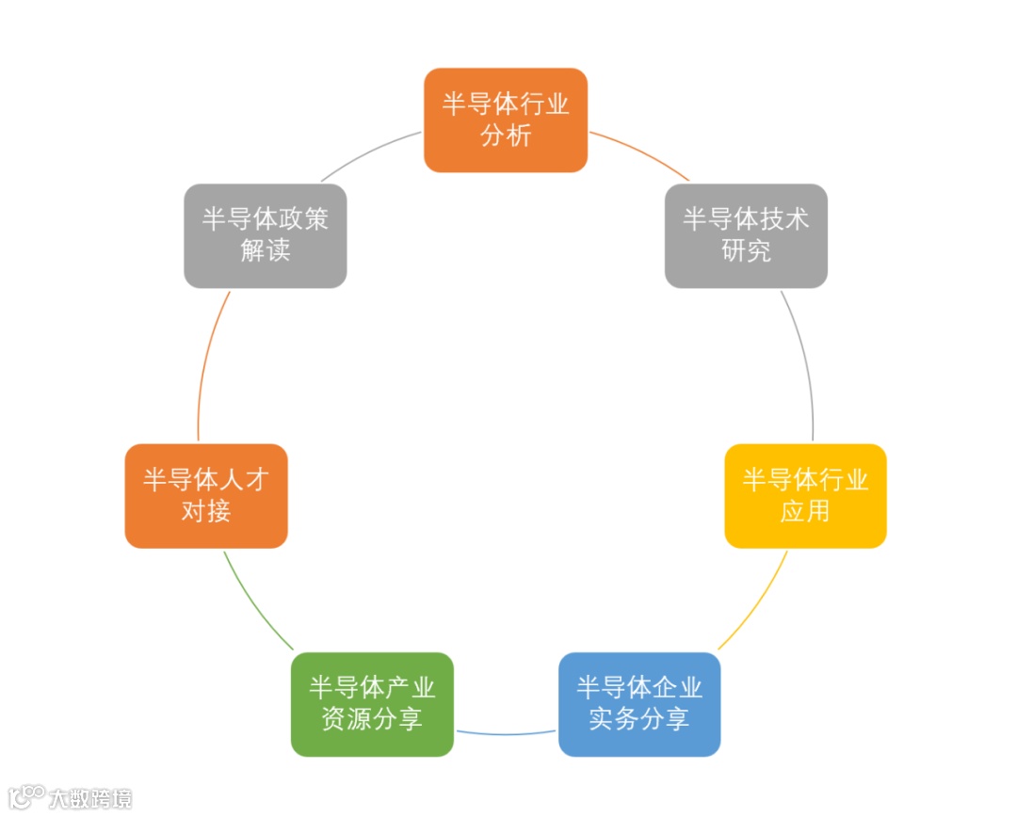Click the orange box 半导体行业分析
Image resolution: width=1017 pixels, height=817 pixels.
pos(506,120)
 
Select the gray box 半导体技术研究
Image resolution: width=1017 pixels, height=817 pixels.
pos(746,235)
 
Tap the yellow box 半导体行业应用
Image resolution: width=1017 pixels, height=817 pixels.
pos(805,495)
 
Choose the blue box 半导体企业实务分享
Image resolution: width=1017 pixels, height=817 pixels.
pos(639,704)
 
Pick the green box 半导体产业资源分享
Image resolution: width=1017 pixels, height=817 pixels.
pos(372,704)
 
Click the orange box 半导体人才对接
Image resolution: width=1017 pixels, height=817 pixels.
pos(206,495)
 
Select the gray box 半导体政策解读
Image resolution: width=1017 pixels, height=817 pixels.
pos(265,235)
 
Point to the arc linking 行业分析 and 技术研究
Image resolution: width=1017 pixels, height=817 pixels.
pos(641,153)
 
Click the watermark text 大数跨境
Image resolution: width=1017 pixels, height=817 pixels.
pos(90,799)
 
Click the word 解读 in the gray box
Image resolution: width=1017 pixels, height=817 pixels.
pos(265,251)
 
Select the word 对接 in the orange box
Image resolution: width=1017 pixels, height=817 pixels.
pos(206,511)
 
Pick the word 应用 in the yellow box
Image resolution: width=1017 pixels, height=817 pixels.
pos(805,511)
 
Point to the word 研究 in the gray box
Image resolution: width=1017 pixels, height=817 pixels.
pos(746,251)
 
